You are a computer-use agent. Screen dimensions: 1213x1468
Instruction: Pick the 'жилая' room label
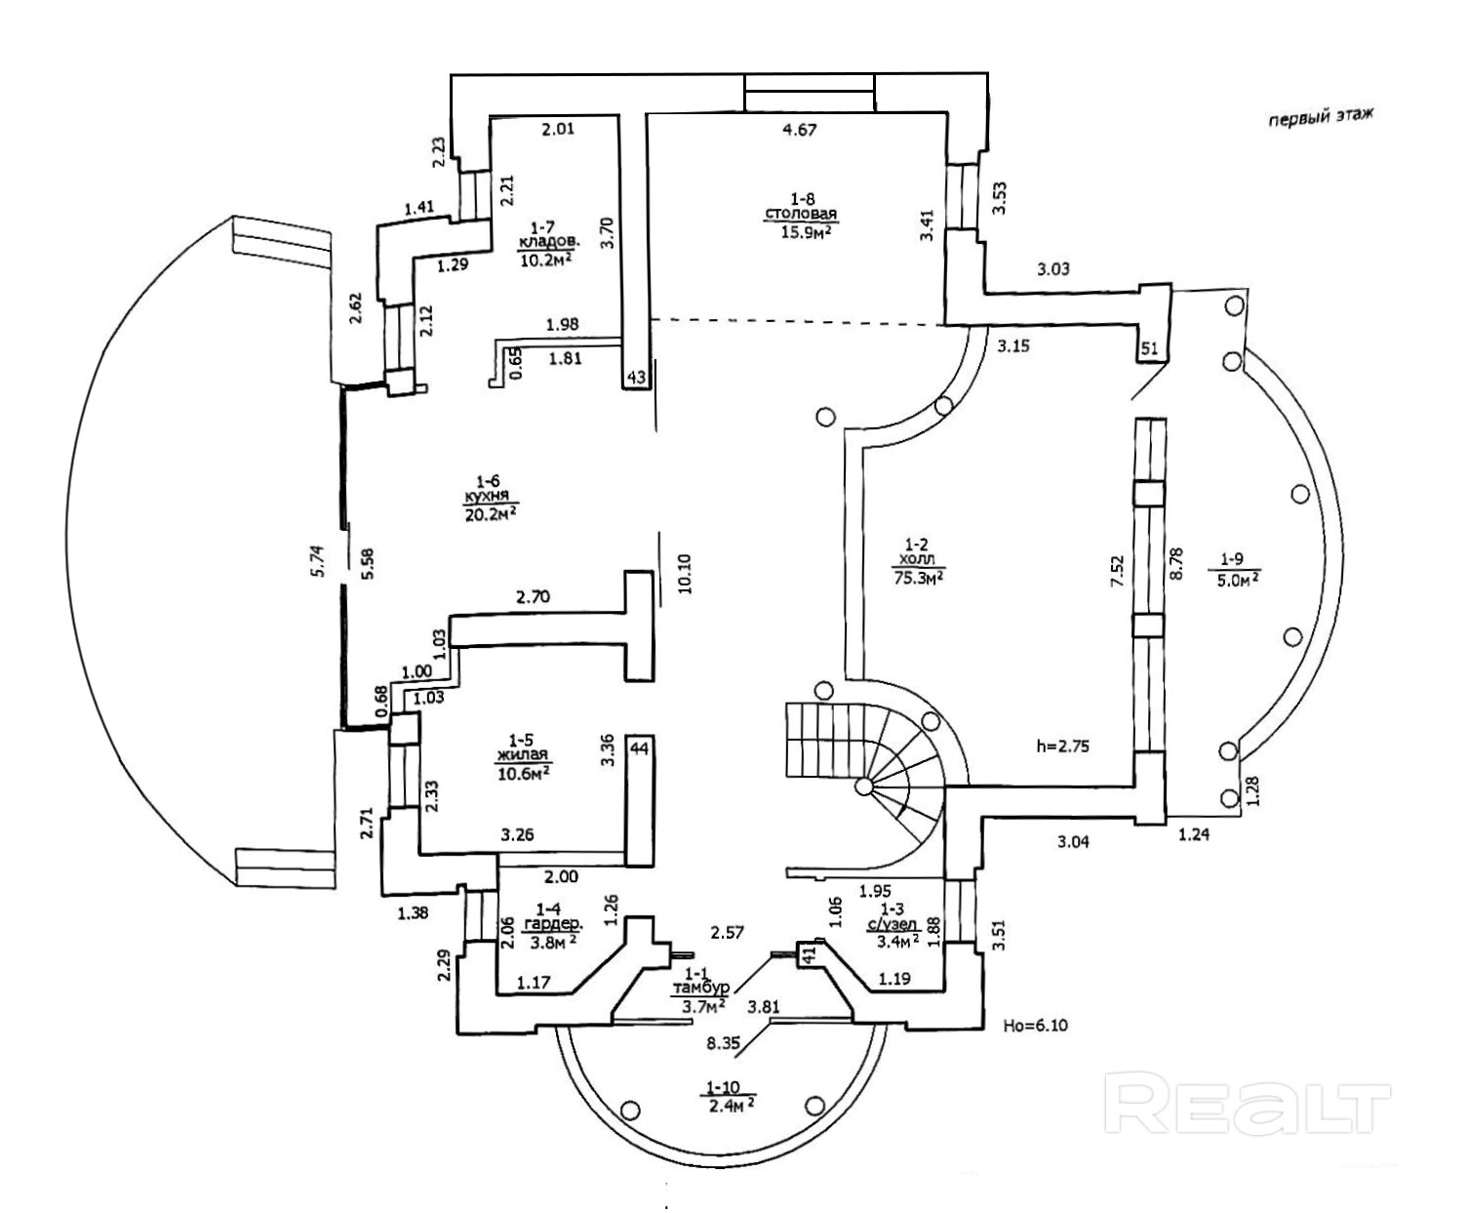pos(523,754)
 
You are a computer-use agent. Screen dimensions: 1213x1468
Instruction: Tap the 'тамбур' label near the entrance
pos(700,989)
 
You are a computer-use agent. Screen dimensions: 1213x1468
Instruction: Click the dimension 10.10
pos(684,574)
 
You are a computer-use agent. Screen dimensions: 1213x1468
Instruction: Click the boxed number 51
pos(1149,348)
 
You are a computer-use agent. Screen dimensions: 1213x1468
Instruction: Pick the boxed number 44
pos(640,748)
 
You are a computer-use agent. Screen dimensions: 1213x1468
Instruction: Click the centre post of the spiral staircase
pos(863,786)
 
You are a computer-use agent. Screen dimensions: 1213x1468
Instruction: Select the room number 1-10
pos(723,1087)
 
